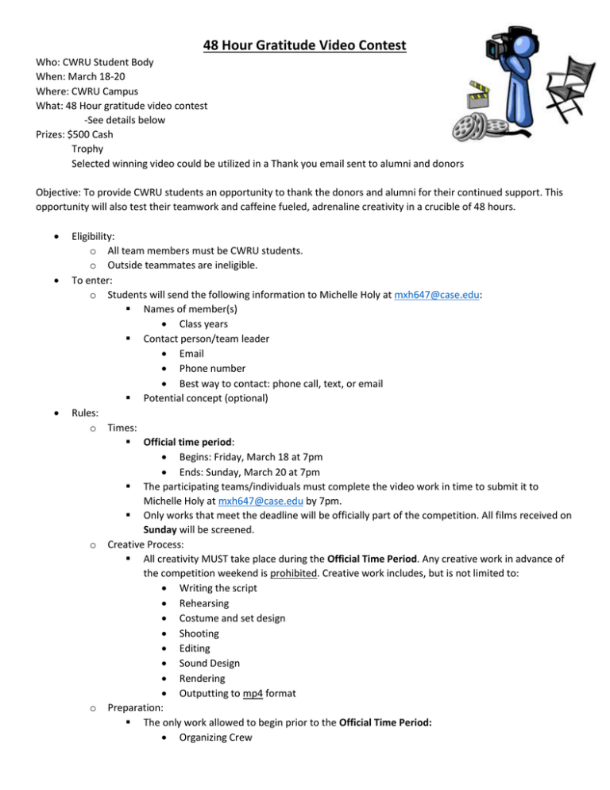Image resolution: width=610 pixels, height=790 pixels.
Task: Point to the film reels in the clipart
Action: coord(477,128)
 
